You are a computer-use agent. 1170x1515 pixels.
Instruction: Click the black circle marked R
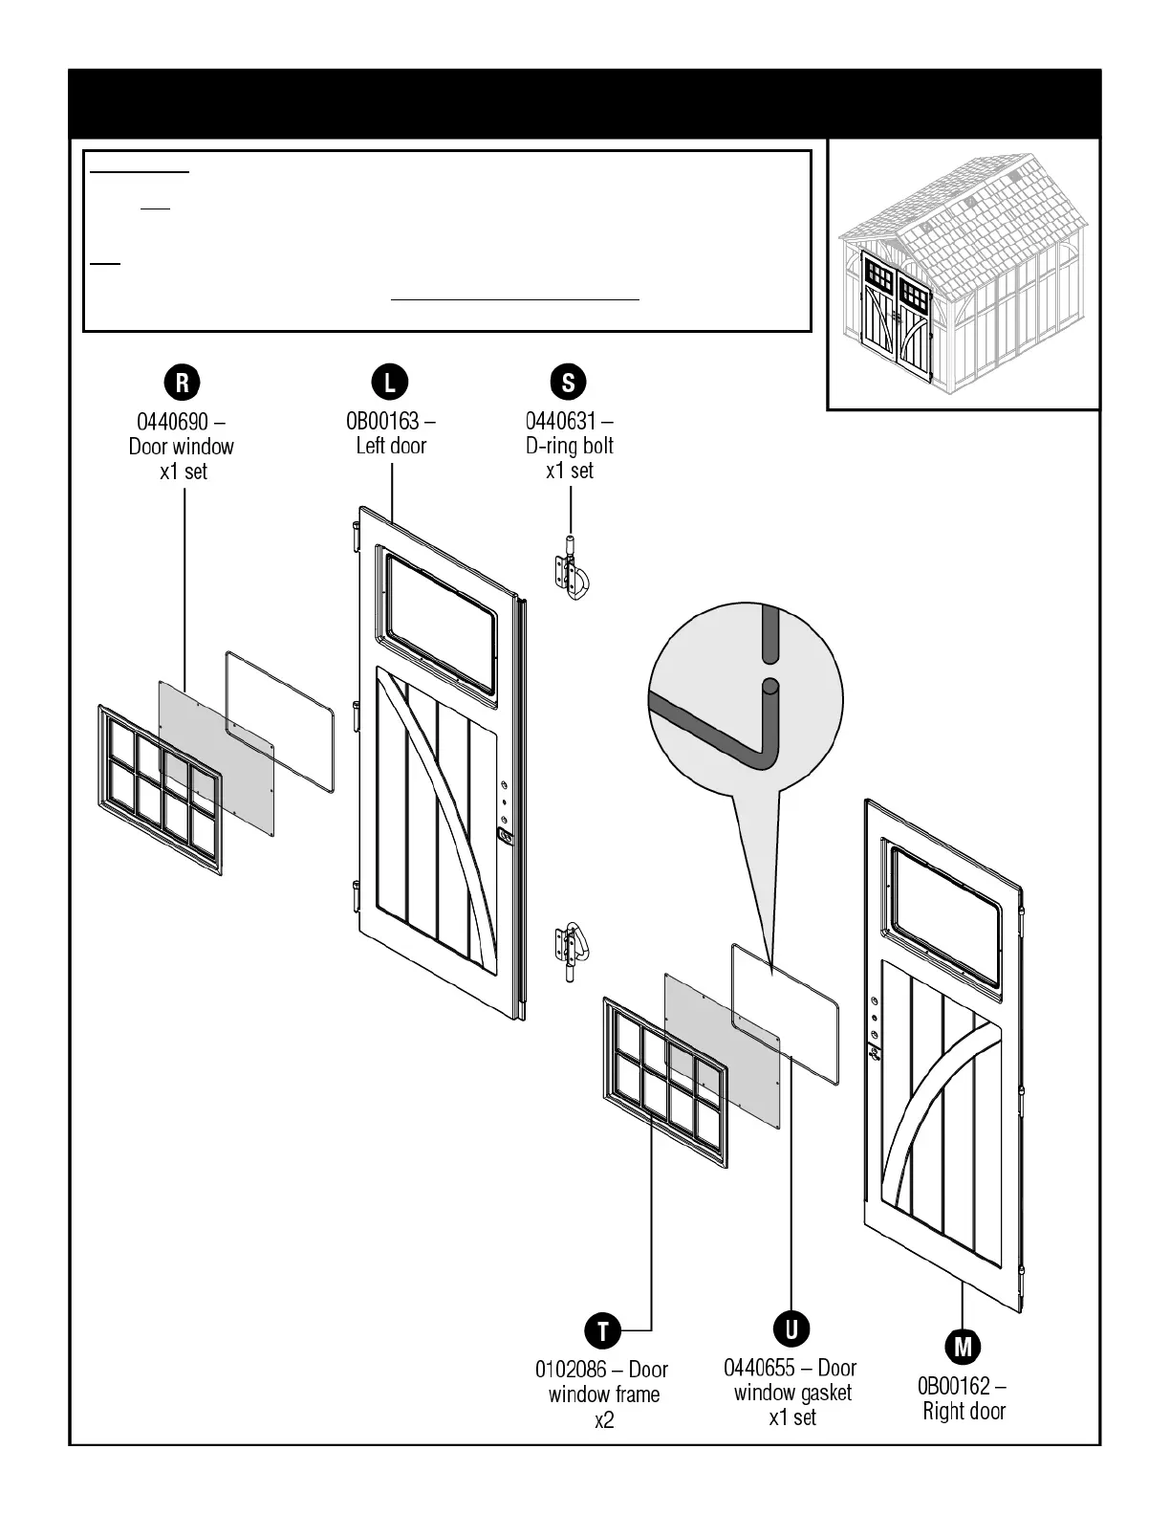tap(183, 383)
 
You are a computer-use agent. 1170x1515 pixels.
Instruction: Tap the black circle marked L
tap(389, 383)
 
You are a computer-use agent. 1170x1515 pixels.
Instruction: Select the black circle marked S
tap(568, 383)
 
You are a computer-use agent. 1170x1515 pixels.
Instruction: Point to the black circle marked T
tap(603, 1330)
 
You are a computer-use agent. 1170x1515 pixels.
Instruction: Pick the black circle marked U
tap(791, 1328)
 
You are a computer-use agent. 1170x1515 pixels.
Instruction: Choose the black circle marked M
tap(963, 1347)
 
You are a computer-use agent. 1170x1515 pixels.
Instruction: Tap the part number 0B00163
tap(382, 421)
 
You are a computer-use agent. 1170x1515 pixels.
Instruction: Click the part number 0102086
tap(569, 1370)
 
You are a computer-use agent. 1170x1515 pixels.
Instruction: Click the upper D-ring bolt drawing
tap(571, 572)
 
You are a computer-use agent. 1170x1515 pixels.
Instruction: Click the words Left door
tap(391, 446)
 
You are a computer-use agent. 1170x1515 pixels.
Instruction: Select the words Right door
tap(964, 1411)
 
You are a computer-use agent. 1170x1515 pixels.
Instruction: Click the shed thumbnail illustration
tap(963, 274)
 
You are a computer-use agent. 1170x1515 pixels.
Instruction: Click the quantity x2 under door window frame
tap(604, 1420)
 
